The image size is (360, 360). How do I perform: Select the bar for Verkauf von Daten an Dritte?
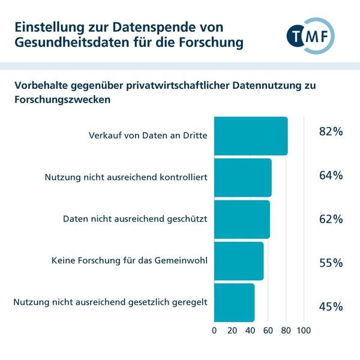point(251,136)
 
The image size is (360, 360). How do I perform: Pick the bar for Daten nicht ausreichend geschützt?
point(242,219)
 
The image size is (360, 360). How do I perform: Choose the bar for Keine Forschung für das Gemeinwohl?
point(239,261)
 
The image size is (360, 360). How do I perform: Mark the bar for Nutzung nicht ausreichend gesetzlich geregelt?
point(234,302)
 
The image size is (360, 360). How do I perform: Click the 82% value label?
point(331,131)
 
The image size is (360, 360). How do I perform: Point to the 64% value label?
point(331,175)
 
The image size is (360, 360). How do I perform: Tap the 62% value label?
point(331,219)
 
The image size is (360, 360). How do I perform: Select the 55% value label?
point(331,263)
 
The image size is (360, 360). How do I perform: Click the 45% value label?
point(331,307)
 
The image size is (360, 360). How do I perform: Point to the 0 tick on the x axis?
point(214,330)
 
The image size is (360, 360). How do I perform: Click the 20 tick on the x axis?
point(232,330)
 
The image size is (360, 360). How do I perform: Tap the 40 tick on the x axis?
point(250,330)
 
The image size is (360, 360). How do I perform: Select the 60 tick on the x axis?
point(268,330)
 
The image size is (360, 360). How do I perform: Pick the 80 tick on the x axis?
point(286,330)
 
